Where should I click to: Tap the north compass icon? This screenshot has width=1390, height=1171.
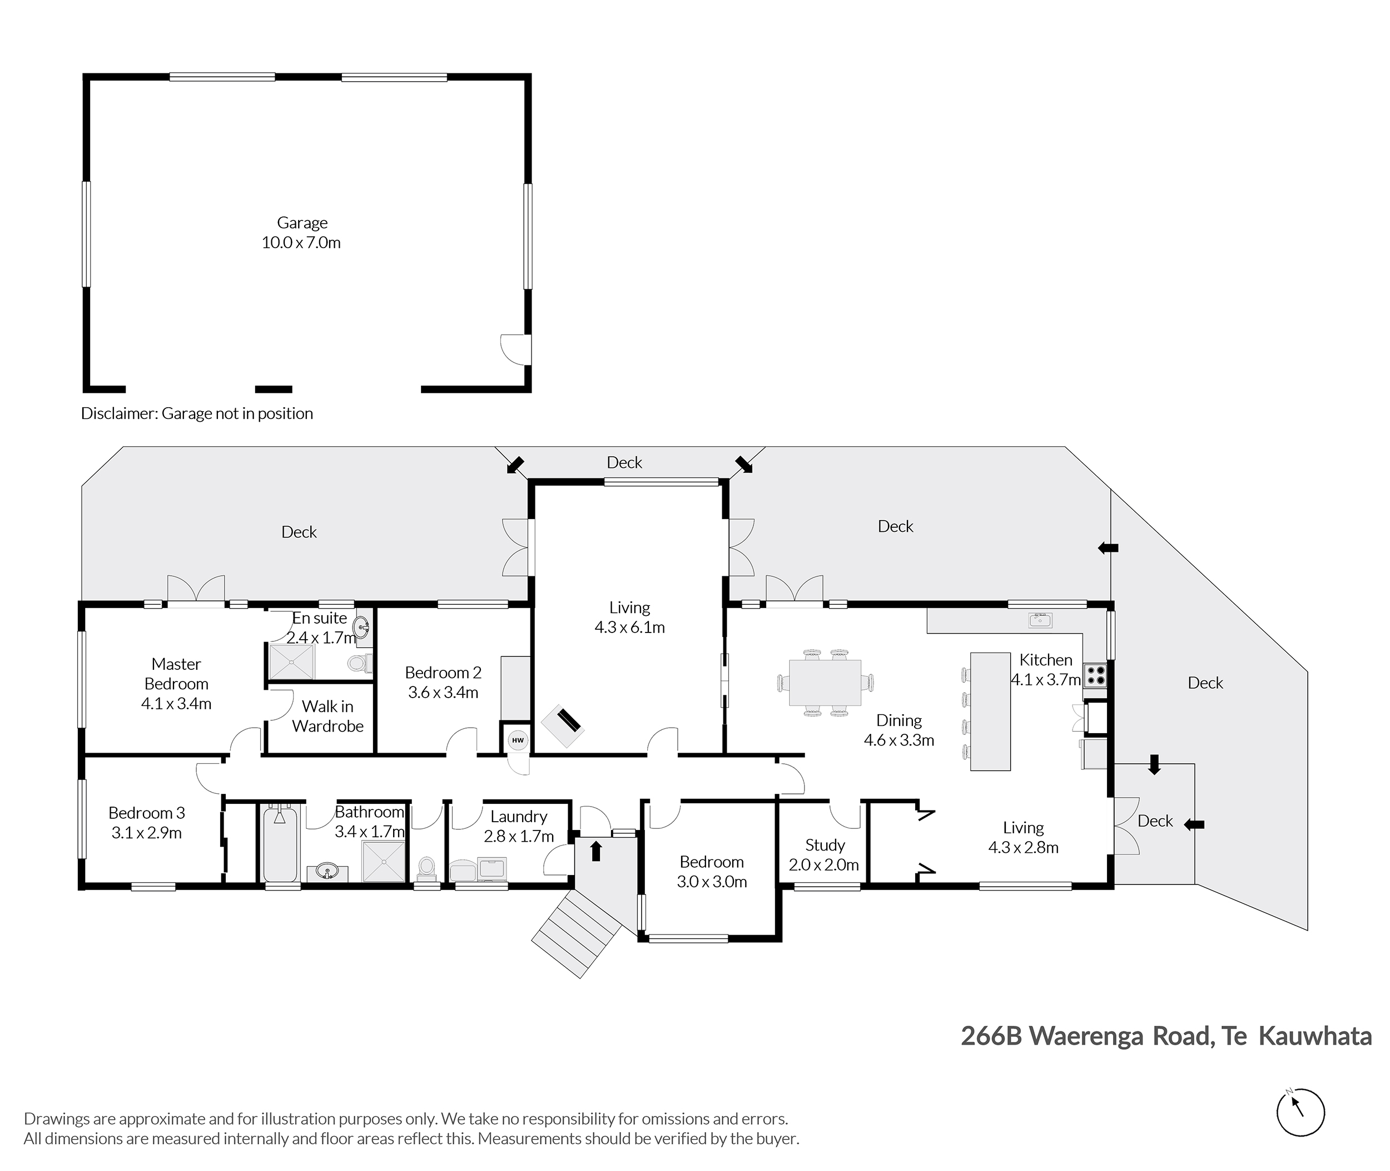1300,1113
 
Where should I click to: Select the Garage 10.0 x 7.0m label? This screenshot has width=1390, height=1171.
301,233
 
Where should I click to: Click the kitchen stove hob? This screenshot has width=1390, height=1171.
1095,675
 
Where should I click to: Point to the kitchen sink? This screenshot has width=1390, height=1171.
1040,620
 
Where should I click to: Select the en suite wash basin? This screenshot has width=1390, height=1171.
363,625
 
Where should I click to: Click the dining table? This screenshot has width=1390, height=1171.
825,683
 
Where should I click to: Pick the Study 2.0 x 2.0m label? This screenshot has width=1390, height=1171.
824,855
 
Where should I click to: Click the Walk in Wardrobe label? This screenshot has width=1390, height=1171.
327,717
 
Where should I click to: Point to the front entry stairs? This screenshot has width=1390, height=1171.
576,934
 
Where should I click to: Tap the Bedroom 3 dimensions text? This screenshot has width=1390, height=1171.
147,832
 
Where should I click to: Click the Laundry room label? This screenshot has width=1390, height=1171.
519,817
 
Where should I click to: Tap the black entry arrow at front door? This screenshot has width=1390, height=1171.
596,851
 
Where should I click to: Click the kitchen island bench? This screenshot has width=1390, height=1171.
990,712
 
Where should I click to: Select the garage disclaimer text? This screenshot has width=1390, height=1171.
197,413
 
